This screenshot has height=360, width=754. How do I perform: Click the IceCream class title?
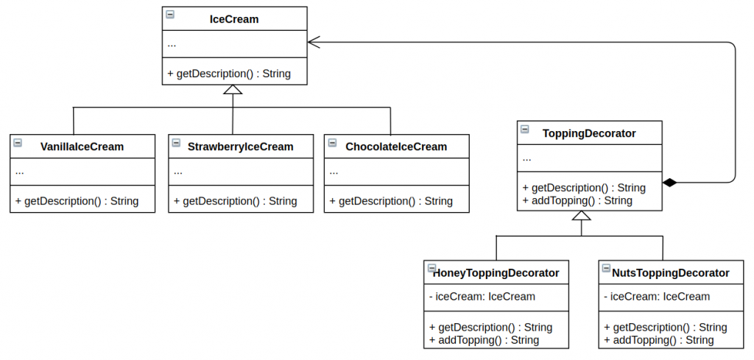(x=234, y=20)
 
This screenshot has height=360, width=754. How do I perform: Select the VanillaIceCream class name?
(x=82, y=147)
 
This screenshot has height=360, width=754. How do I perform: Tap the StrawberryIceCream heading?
(x=241, y=147)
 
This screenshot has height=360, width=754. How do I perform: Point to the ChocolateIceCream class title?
(x=396, y=147)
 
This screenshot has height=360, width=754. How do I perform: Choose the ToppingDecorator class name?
(x=589, y=133)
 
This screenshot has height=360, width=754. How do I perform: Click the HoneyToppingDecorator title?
(x=496, y=273)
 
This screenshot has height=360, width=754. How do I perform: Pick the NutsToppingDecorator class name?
(x=671, y=273)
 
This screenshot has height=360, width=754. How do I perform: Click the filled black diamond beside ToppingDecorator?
(x=669, y=183)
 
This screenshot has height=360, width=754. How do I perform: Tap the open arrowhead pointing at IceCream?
(x=314, y=42)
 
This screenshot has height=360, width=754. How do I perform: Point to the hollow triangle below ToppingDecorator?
(x=582, y=215)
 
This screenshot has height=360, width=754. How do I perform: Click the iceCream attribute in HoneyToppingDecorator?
(x=482, y=297)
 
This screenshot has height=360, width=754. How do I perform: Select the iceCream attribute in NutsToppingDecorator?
(x=657, y=297)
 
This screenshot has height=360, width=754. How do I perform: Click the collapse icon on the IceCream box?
(x=170, y=14)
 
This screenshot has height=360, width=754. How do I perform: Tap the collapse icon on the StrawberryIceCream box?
(x=176, y=142)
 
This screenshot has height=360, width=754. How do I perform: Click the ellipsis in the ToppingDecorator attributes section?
(x=526, y=159)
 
